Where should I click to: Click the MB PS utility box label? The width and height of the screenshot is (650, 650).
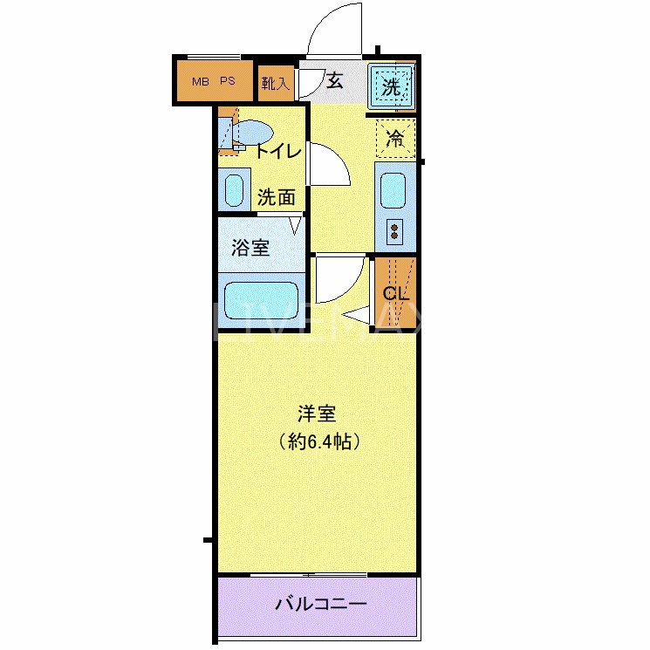point(214,82)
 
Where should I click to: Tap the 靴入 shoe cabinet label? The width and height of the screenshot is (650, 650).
point(277,84)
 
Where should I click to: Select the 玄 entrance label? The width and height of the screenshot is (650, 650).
point(335,82)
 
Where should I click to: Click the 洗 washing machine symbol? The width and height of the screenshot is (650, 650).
point(392,86)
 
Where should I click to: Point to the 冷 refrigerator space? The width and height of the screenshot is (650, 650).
point(395,137)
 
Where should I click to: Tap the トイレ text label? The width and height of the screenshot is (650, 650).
point(278,152)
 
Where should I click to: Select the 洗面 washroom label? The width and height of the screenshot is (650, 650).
point(276,196)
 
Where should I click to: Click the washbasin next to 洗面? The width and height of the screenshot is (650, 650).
point(234,189)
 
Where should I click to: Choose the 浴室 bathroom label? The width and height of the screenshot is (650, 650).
point(250,248)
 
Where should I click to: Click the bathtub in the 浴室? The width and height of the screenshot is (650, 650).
point(261,298)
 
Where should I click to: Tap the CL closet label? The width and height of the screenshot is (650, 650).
point(395,293)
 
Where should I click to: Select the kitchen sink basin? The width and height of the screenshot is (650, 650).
point(394,189)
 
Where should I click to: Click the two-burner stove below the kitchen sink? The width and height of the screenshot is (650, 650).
point(394,232)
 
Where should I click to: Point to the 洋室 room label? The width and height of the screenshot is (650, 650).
point(315,414)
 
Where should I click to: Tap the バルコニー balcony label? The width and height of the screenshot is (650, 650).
point(321,604)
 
